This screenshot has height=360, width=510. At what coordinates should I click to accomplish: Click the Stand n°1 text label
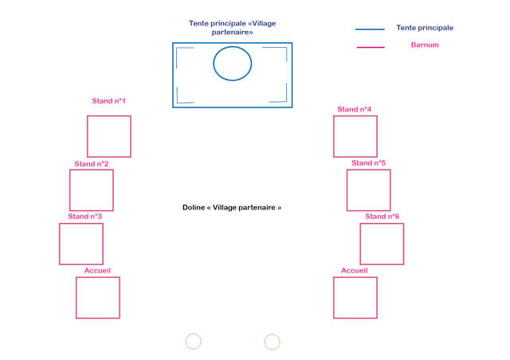coord(109,101)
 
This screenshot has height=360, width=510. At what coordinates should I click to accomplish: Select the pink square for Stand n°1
coord(108,136)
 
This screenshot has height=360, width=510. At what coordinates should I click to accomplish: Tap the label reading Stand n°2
coord(92,164)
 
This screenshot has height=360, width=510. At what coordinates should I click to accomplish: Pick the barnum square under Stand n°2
coord(92,190)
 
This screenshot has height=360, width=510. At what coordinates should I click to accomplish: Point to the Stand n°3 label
coord(85,217)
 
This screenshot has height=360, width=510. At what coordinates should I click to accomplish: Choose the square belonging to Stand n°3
coord(81,244)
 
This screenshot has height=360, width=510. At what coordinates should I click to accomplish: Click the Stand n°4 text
coord(355,109)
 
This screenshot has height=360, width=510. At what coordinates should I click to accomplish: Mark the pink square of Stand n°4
coord(355,136)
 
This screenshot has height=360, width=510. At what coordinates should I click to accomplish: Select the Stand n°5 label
coord(369,163)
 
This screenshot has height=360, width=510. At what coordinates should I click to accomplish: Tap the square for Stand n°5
coord(369,190)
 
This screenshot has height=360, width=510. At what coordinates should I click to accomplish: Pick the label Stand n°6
coord(382,217)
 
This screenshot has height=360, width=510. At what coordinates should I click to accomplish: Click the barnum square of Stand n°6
coord(382,244)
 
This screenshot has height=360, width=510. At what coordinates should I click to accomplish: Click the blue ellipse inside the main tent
coord(233,63)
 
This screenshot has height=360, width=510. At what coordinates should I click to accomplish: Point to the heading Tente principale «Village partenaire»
coord(233,28)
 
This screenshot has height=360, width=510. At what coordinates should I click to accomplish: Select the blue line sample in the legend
coord(370,29)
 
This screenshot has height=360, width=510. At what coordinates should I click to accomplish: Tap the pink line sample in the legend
coord(370,47)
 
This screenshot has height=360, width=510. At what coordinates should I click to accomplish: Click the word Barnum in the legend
coord(425,45)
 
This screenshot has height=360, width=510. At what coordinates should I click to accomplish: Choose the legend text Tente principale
coord(425,28)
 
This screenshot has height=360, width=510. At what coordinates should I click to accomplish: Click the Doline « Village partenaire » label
coord(232,207)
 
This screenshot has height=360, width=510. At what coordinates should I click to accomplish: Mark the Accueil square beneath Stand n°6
coord(355,297)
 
